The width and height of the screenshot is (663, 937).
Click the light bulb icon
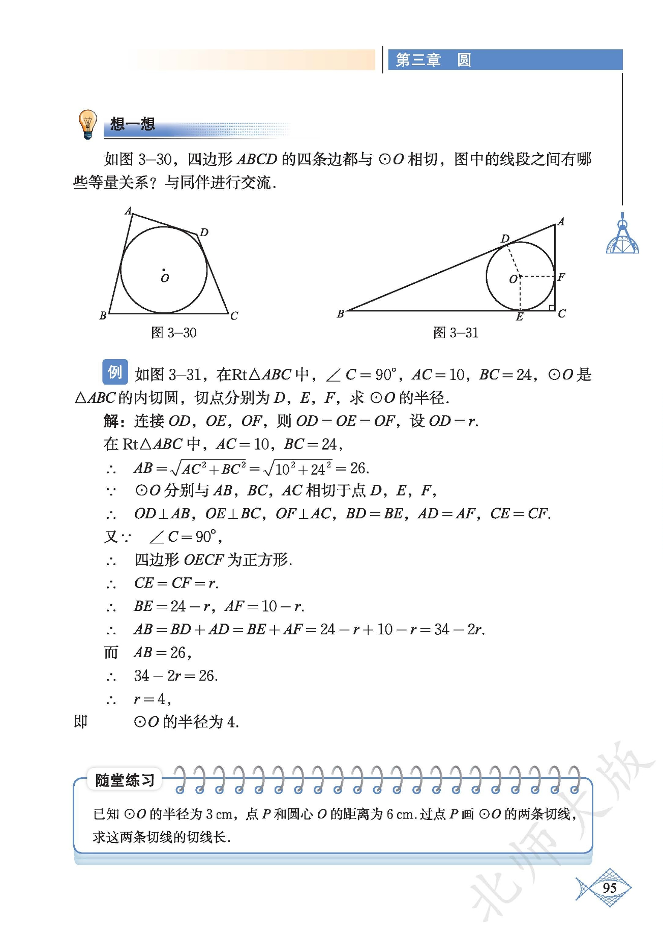tap(87, 124)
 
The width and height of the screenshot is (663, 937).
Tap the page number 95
tap(609, 888)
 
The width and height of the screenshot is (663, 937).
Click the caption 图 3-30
tap(174, 333)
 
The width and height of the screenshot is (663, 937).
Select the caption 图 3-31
tap(456, 333)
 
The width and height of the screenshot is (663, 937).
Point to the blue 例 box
tap(114, 372)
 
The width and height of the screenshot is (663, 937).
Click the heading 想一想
tap(132, 124)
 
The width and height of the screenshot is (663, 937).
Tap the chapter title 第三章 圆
tap(433, 60)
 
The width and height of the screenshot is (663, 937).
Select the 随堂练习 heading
tap(125, 780)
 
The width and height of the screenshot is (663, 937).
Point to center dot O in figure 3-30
tap(164, 270)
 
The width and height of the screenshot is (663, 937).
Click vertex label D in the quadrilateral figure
tap(204, 232)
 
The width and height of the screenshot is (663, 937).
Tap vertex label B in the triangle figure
tap(341, 314)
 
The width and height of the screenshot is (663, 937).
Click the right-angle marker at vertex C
tap(551, 307)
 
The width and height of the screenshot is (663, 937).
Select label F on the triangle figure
tap(561, 277)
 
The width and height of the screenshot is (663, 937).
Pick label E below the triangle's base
tap(519, 317)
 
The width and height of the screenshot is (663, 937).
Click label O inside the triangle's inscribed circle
tap(513, 279)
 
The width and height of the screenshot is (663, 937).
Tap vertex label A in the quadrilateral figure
tap(128, 211)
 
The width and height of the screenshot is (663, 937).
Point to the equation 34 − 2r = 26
tap(176, 676)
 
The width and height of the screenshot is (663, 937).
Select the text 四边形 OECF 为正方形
tap(213, 560)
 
